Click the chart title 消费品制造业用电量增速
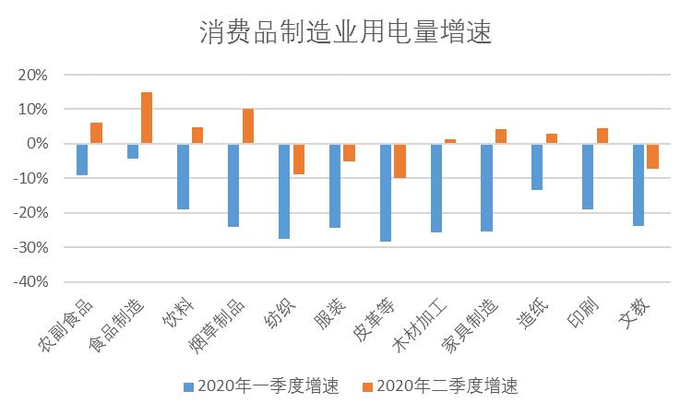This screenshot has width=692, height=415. pos(346,34)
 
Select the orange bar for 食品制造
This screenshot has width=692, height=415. pos(147,118)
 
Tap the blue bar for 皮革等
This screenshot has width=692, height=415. pos(386,193)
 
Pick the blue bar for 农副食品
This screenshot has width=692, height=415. pos(82,160)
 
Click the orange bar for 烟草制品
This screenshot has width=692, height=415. pos(248,126)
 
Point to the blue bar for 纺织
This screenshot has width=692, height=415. pos(284,191)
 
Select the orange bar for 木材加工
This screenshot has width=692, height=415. pos(450,141)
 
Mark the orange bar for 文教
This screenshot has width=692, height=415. pos(652,156)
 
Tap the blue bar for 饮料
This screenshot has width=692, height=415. pos(184,176)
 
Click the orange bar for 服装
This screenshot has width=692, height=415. pos(349,152)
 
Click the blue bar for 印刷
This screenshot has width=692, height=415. pos(588,176)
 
